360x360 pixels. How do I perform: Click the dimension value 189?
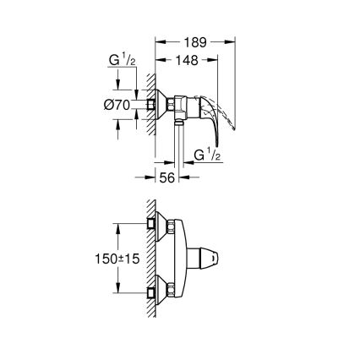coord(193,41)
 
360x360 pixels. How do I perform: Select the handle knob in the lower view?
coord(221,254)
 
